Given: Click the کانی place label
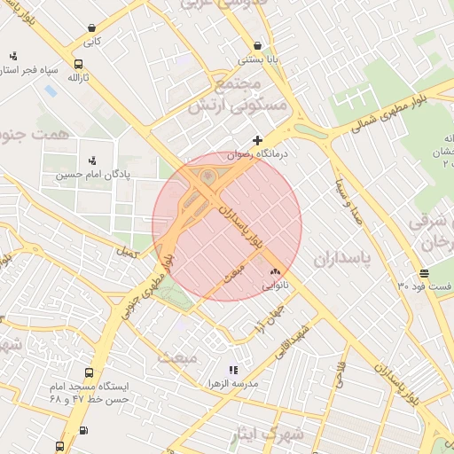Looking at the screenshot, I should pos(93,41).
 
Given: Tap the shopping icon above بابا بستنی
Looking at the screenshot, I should pos(257,44).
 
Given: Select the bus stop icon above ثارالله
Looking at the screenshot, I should pos(79,64).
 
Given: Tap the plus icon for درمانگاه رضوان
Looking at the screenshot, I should pos(257,140).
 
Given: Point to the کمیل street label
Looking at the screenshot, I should pos(126,252).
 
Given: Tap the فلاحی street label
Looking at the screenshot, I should pos(340,376).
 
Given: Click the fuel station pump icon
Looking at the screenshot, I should pos(83,431).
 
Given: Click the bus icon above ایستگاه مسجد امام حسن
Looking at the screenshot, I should pos(89,373).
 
